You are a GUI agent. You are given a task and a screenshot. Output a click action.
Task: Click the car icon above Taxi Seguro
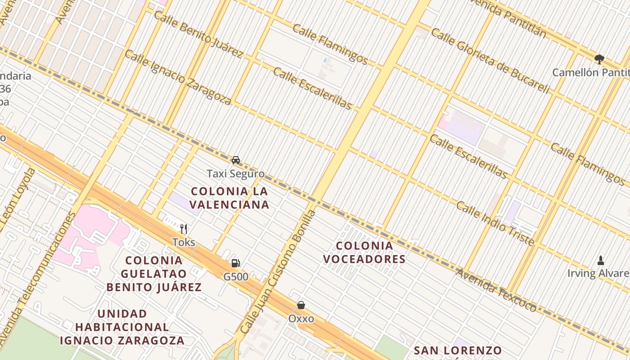(x=236, y=160)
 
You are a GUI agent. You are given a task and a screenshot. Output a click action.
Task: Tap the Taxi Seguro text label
(x=236, y=173)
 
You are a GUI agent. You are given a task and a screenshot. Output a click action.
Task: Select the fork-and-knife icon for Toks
(x=183, y=229)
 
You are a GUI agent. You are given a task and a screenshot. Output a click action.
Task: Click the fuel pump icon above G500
(x=235, y=263)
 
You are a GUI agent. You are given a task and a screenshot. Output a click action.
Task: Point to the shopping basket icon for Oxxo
(x=301, y=305)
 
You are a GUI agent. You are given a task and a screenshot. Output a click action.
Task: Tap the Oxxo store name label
(x=301, y=319)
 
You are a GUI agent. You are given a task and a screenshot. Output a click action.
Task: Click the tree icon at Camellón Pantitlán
(x=599, y=59)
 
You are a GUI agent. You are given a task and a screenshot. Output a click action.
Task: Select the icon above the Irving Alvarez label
(x=600, y=260)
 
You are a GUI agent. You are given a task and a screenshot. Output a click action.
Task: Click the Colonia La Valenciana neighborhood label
(x=229, y=198)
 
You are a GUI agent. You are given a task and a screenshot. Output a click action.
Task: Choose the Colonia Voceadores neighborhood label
(x=364, y=252)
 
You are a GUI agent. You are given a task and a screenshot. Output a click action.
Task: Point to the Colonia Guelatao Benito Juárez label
(x=154, y=274)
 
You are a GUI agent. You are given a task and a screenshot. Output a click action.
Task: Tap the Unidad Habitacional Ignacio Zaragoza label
(x=122, y=327)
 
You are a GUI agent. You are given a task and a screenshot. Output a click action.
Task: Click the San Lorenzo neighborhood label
(x=458, y=351)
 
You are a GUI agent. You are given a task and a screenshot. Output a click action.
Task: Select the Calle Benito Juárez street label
(x=198, y=34)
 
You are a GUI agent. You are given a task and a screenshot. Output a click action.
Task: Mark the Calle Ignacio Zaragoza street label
(x=178, y=77)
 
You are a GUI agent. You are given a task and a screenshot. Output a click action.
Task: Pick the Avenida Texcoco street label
(x=496, y=290)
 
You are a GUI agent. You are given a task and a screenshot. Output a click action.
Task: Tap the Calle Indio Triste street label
(x=495, y=224)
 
